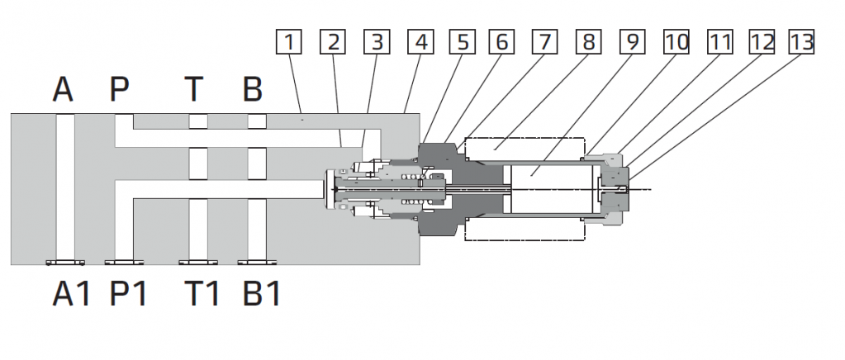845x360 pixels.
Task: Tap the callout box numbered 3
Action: pyautogui.click(x=377, y=42)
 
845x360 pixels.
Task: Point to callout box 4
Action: pyautogui.click(x=420, y=42)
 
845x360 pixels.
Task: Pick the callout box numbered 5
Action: pyautogui.click(x=463, y=42)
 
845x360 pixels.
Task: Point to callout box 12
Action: pyautogui.click(x=762, y=42)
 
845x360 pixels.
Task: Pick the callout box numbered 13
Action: pyautogui.click(x=803, y=42)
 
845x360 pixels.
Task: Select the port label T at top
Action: pyautogui.click(x=195, y=89)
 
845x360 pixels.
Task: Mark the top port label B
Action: pyautogui.click(x=252, y=89)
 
